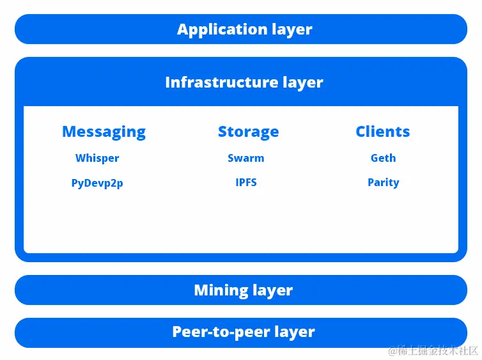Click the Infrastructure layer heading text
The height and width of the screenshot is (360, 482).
point(244,82)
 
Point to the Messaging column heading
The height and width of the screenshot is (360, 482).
point(104,132)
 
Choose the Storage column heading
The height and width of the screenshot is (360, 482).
point(248,132)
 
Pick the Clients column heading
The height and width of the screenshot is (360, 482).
point(382,132)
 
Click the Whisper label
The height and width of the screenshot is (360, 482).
point(97,158)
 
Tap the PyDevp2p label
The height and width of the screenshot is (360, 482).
point(97,183)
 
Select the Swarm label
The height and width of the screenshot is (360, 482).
point(245,158)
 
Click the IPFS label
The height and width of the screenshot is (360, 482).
point(246,182)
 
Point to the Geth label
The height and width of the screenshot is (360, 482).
point(383,158)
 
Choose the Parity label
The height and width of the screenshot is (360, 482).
point(383,182)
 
